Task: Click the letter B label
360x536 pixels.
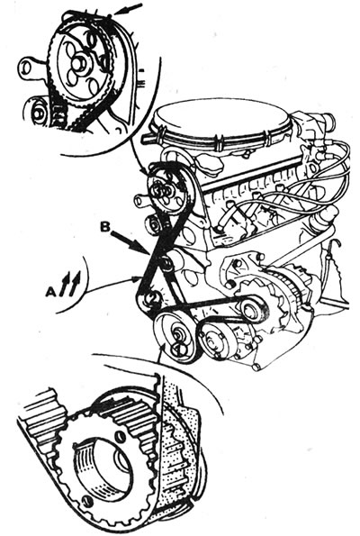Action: tap(105, 227)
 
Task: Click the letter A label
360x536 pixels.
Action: tap(50, 291)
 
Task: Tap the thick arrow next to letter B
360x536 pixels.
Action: tap(130, 243)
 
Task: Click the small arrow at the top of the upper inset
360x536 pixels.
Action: tap(129, 9)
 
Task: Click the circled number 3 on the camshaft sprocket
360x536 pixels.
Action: tap(157, 191)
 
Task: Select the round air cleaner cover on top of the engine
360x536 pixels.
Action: tap(221, 121)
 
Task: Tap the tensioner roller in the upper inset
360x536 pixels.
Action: tap(39, 113)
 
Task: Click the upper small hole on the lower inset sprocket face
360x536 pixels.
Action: tap(119, 436)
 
